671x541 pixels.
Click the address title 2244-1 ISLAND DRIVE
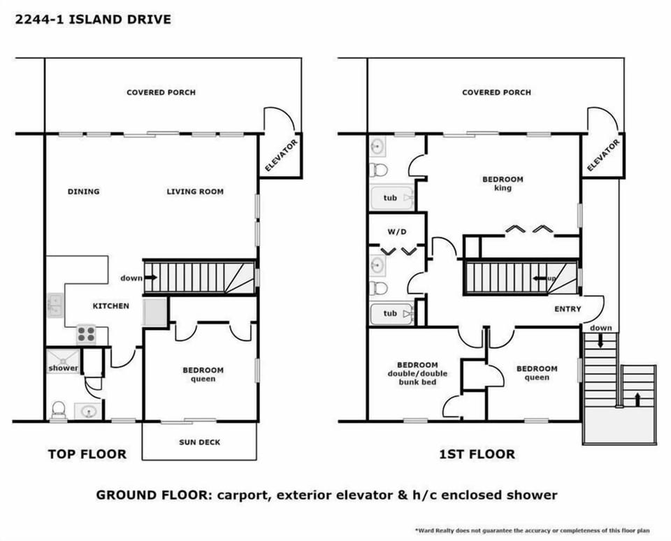(x=92, y=19)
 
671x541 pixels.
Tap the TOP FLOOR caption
(x=87, y=454)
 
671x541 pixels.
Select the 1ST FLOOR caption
(x=477, y=454)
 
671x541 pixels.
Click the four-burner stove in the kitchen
(x=87, y=334)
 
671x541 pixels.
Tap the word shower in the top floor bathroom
(x=64, y=368)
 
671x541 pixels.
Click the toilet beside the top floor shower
(x=59, y=409)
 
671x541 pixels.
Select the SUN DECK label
(x=199, y=442)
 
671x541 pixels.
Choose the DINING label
(x=83, y=192)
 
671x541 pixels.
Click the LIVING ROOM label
(x=195, y=192)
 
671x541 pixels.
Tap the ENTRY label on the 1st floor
(x=567, y=309)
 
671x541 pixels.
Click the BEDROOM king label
(x=502, y=183)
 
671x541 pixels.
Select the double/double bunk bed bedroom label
(x=417, y=373)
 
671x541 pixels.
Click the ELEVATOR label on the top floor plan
(x=281, y=155)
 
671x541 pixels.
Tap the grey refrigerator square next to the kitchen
(x=154, y=312)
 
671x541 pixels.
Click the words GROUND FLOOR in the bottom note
(x=147, y=496)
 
